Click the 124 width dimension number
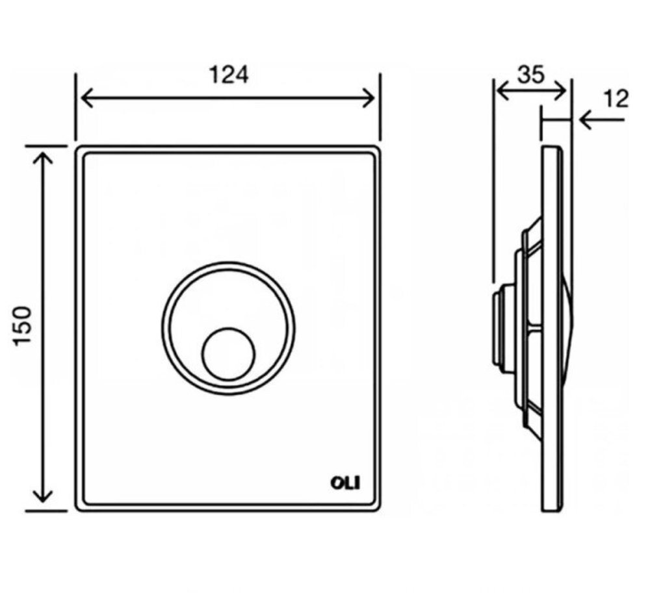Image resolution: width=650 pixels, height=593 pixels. pyautogui.click(x=229, y=75)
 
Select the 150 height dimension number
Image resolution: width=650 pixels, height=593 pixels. pyautogui.click(x=22, y=325)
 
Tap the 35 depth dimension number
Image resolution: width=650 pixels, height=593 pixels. pyautogui.click(x=531, y=75)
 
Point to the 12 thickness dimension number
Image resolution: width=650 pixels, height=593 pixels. pyautogui.click(x=616, y=99)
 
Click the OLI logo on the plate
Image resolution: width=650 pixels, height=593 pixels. pyautogui.click(x=345, y=483)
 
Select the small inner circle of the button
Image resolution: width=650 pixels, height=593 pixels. pyautogui.click(x=228, y=355)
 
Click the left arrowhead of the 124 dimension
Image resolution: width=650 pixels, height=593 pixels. pyautogui.click(x=87, y=99)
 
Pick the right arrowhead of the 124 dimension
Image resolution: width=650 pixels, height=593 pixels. pyautogui.click(x=369, y=99)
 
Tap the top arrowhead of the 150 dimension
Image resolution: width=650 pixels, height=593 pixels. pyautogui.click(x=43, y=158)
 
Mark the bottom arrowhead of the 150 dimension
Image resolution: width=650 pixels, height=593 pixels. pyautogui.click(x=43, y=496)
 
